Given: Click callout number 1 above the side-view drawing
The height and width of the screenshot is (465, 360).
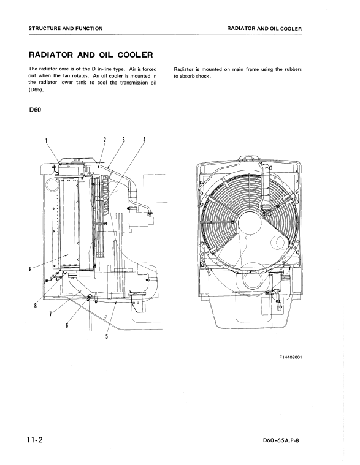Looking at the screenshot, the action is click(46, 140).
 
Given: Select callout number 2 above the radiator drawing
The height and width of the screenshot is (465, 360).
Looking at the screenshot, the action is click(105, 140).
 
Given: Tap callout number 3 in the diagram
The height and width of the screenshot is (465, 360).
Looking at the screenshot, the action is click(123, 140).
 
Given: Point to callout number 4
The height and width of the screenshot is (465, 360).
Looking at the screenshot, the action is click(144, 140).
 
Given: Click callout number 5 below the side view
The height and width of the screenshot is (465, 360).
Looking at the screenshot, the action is click(107, 336).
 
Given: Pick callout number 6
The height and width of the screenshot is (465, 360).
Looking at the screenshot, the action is click(67, 325).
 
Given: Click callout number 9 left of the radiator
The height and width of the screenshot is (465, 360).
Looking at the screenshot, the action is click(30, 269).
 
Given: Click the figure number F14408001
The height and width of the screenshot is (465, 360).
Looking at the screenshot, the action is click(291, 357).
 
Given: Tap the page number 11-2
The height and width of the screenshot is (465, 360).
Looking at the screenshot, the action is click(35, 439).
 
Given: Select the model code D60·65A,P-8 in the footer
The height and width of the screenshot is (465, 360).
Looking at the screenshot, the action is click(281, 440).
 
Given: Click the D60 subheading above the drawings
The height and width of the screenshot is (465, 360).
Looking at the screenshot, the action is click(35, 110).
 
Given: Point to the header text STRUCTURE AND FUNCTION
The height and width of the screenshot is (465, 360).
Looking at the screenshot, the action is click(66, 28).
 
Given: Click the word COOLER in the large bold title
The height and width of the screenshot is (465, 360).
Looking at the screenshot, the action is click(136, 55).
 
